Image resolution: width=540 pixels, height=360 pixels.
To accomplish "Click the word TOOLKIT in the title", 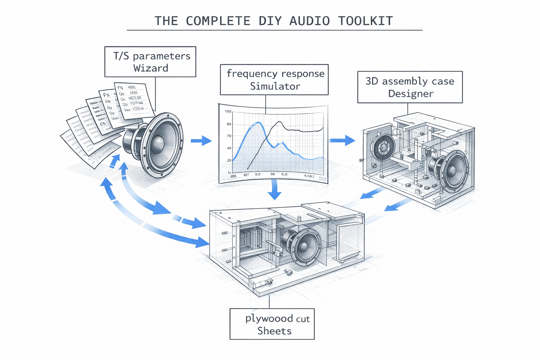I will coord(365,21).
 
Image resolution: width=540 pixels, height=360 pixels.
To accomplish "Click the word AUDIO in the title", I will coord(309,21).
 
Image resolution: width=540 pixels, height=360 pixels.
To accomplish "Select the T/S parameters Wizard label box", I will coord(150,62).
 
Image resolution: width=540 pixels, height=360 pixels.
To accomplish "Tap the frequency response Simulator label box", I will coord(274,80).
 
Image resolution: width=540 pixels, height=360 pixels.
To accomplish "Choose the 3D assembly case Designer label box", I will coord(410,87).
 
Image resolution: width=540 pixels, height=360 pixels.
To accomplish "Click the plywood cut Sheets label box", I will coord(272,324).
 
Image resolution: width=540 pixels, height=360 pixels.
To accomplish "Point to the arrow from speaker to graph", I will coord(201,141).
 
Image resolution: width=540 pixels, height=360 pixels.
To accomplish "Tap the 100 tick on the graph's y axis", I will coord(228,112).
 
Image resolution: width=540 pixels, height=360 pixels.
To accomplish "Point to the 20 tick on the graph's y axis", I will coord(229,160).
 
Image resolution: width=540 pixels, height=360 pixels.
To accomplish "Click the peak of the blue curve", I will coord(259,123).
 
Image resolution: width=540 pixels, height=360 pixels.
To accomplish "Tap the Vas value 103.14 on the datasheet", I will coord(138,109).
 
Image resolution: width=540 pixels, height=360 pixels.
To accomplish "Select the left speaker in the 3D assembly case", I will coord(383,147).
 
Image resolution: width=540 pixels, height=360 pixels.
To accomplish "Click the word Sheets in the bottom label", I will coord(274,331).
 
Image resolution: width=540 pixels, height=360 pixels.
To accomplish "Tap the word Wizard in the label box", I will coord(150,68).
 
